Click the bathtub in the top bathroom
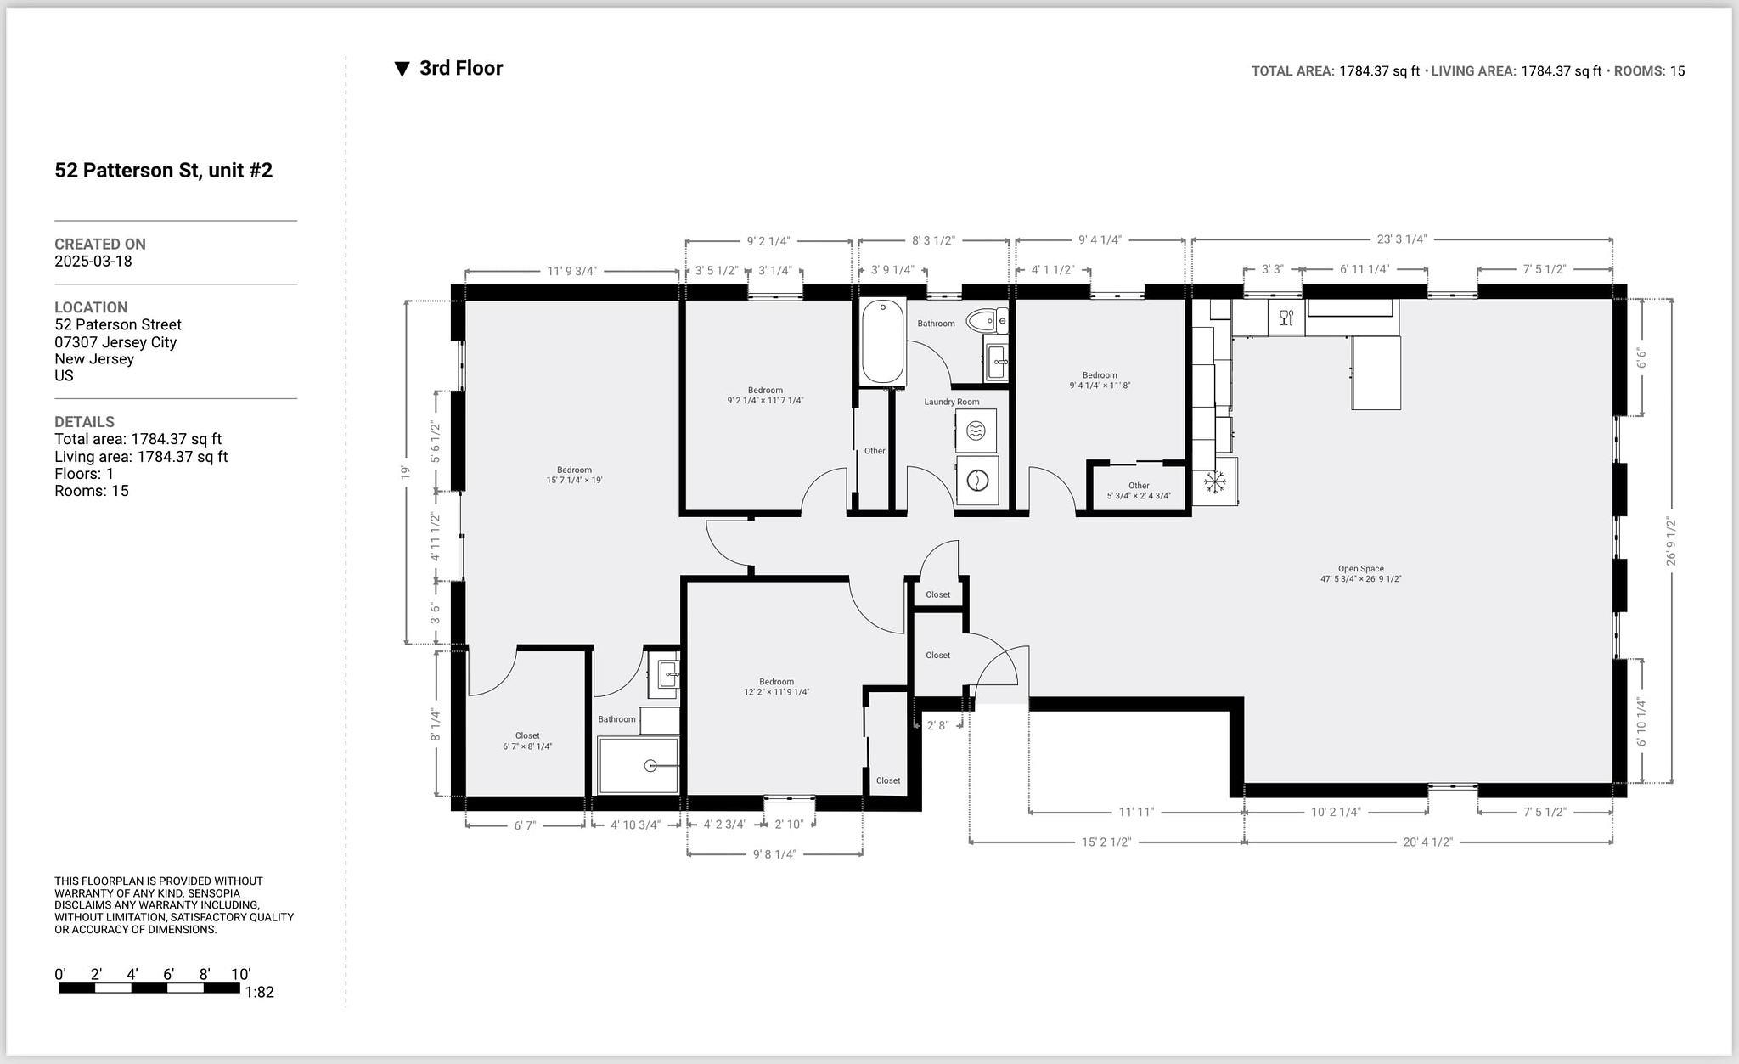tap(882, 342)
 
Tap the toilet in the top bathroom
tap(987, 321)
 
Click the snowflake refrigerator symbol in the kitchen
tap(1215, 482)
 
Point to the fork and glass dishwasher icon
tap(1286, 318)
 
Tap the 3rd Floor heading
tap(460, 69)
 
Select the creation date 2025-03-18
tap(93, 262)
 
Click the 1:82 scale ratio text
tap(259, 992)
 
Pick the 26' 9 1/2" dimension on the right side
tap(1671, 541)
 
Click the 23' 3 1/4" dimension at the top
tap(1401, 239)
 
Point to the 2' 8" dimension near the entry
tap(937, 726)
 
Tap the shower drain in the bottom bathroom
tap(650, 766)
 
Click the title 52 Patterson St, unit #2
tap(164, 171)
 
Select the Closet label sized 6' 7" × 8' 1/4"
tap(527, 741)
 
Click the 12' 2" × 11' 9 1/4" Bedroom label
tap(776, 687)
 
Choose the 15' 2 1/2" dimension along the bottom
tap(1106, 842)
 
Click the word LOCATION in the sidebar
tap(91, 307)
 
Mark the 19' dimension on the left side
tap(405, 472)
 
